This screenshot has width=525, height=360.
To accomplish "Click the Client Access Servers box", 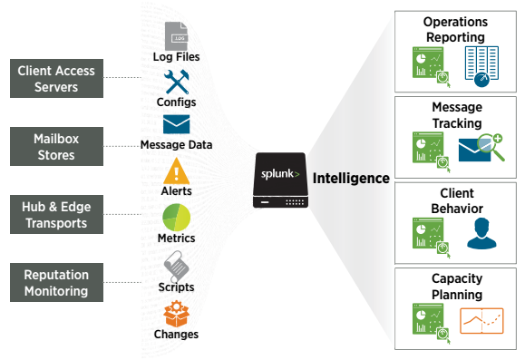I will click(x=55, y=79).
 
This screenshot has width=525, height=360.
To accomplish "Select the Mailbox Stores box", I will click(x=55, y=145).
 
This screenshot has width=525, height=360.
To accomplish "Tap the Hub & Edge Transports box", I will click(x=55, y=213).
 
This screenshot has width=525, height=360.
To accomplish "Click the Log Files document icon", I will click(x=176, y=36).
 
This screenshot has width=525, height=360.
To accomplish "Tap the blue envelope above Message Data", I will click(x=175, y=125).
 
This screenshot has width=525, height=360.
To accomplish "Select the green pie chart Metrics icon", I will click(x=175, y=219).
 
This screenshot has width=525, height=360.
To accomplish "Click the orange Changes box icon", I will click(x=175, y=315).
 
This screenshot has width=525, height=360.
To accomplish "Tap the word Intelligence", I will click(x=351, y=179).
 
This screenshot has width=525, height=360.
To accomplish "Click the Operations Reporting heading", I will click(x=454, y=29).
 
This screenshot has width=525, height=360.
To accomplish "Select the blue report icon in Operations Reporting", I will click(x=481, y=66).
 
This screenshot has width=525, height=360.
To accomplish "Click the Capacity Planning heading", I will click(x=454, y=287).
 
